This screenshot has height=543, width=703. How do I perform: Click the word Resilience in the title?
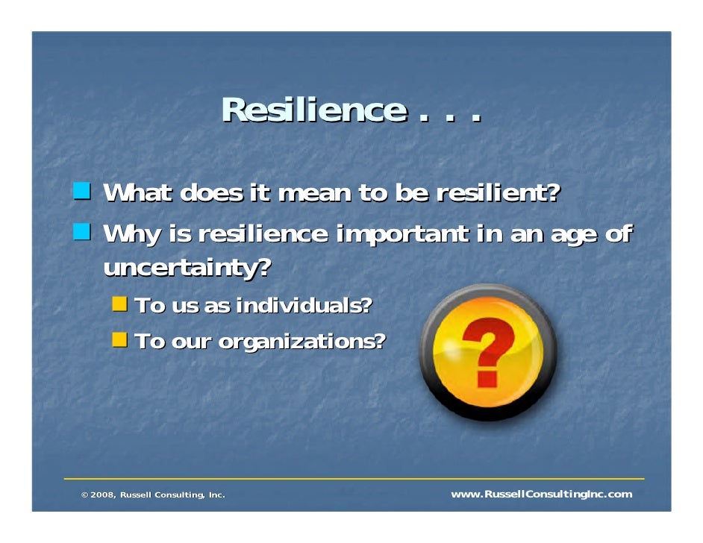pyautogui.click(x=313, y=111)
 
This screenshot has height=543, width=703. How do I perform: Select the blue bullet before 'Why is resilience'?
pyautogui.click(x=82, y=233)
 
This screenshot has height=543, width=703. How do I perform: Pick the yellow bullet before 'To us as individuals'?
pyautogui.click(x=119, y=304)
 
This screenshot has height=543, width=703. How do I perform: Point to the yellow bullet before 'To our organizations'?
pyautogui.click(x=119, y=341)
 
